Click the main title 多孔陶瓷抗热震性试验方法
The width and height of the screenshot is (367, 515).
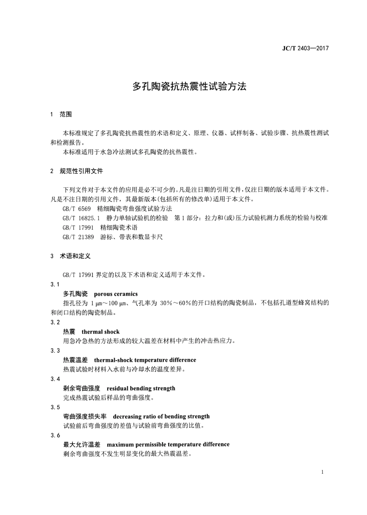[x=189, y=86]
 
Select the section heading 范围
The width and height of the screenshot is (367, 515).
[x=66, y=114]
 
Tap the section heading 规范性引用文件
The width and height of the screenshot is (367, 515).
[x=82, y=171]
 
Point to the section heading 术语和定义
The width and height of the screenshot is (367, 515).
[x=75, y=256]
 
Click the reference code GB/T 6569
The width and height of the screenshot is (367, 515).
[x=76, y=209]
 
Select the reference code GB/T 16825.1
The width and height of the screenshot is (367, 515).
[x=81, y=218]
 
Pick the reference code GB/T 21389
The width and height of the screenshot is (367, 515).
[x=78, y=237]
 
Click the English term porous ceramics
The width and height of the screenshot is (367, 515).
[x=116, y=294]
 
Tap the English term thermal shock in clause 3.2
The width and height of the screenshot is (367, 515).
[x=100, y=332]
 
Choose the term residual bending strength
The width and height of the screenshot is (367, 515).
[x=141, y=388]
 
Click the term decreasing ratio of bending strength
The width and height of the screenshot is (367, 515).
[x=161, y=416]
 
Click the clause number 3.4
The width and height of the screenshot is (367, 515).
[x=55, y=379]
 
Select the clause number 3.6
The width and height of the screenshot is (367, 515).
[x=55, y=435]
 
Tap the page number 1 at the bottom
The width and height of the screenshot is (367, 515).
[x=322, y=472]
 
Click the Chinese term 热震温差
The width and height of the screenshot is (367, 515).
[x=75, y=360]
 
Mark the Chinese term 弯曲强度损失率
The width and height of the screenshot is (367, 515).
[x=85, y=416]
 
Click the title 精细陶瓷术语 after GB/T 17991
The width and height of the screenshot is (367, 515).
[x=119, y=228]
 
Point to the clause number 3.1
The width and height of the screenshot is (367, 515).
[x=55, y=285]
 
